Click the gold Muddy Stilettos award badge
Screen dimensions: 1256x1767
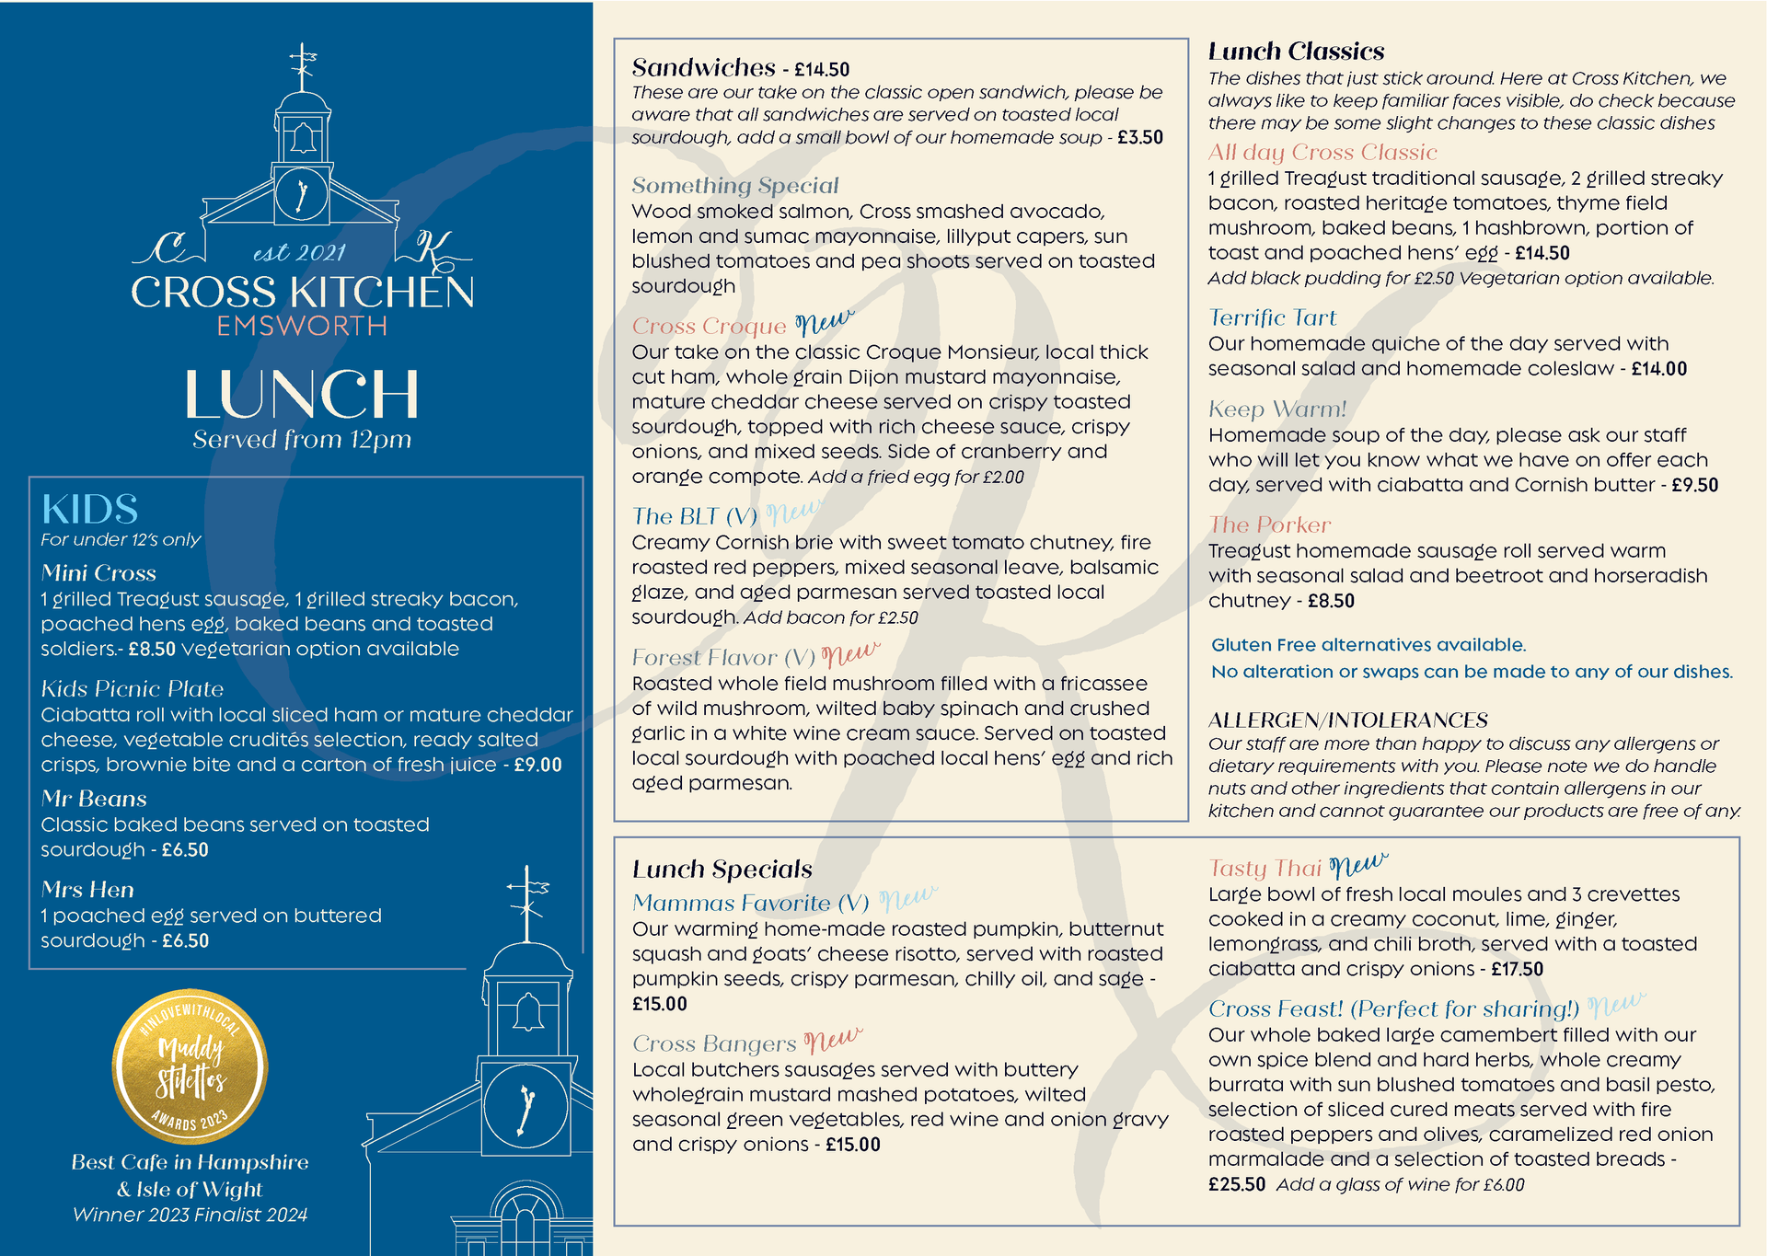pos(190,1067)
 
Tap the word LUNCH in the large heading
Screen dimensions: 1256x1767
pos(302,395)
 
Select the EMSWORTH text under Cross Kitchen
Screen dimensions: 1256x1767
pos(302,326)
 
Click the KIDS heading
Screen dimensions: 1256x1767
pos(89,510)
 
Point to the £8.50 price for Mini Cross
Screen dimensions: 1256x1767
pos(152,649)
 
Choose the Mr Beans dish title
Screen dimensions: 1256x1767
pos(94,799)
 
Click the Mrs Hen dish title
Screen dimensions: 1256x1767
pos(87,890)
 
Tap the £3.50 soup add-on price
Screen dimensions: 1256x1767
pos(1140,138)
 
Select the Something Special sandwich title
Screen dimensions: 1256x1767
pos(734,186)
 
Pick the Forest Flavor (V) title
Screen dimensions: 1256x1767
pos(723,658)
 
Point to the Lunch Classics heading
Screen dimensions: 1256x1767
pos(1296,52)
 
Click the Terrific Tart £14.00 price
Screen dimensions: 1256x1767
pos(1659,369)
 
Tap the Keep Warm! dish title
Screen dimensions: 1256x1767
pos(1277,409)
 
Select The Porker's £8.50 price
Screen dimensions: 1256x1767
pos(1331,601)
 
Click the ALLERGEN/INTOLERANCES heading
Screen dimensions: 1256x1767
pos(1347,720)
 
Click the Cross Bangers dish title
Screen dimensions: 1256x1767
pos(714,1044)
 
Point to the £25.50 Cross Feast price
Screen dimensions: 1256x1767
pos(1237,1184)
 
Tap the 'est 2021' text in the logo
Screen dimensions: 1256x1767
pos(299,252)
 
